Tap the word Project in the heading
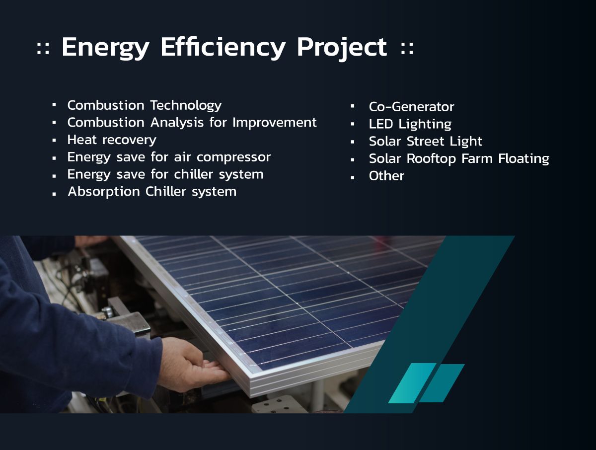coord(342,48)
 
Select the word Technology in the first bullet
coord(186,106)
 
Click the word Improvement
coord(275,123)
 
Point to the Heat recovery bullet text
coord(112,140)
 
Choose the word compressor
coord(233,157)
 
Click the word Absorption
coord(104,192)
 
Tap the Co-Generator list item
coord(411,107)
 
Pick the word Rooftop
coord(432,159)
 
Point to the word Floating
coord(524,159)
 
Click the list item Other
coord(386,176)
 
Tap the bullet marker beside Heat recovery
coord(54,141)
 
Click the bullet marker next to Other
coord(353,178)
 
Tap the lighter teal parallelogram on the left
coord(412,383)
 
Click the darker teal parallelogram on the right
coord(442,383)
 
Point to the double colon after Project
coord(407,48)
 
